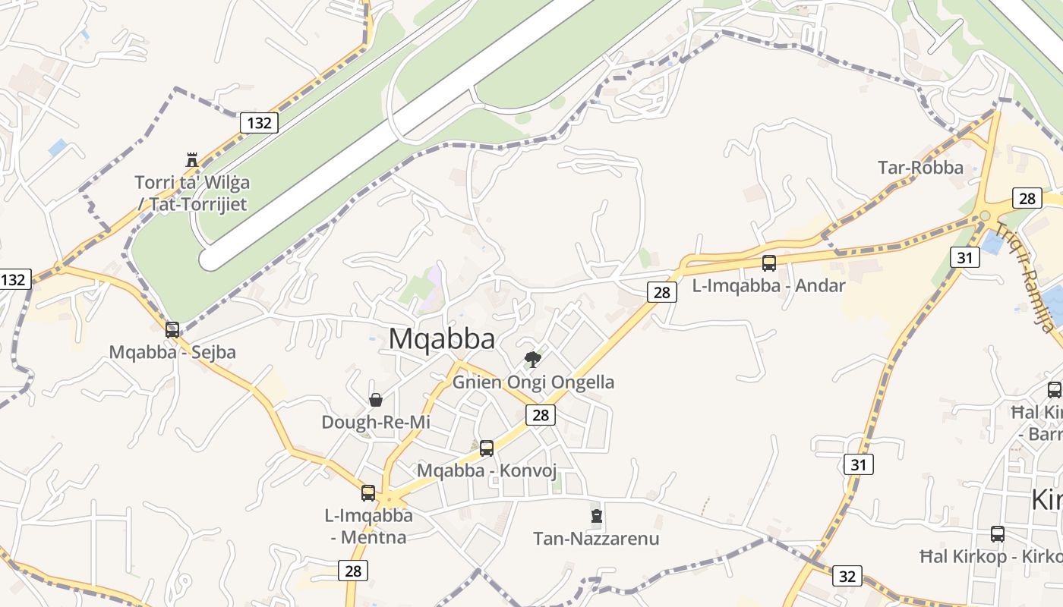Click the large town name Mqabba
pos(442,339)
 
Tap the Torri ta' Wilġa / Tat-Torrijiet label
pos(192,193)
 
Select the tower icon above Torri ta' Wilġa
pos(191,160)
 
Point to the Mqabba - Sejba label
pos(172,352)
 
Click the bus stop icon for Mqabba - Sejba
pos(172,329)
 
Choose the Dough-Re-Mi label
pos(376,422)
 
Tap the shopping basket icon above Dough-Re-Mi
pos(375,399)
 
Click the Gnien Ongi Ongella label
pos(533,382)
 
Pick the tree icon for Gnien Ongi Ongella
pos(533,359)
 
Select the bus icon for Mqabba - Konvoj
pos(487,448)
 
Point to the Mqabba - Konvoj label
pos(487,470)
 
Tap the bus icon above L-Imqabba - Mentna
pos(368,492)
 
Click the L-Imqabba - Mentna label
pos(369,526)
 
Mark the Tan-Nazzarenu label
pos(596,539)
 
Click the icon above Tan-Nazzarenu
pos(596,516)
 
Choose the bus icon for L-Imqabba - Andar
pos(769,263)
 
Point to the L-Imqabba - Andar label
pos(769,286)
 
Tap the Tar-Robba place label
pos(920,168)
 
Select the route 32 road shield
pos(847,576)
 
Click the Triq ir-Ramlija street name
pos(1027,278)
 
